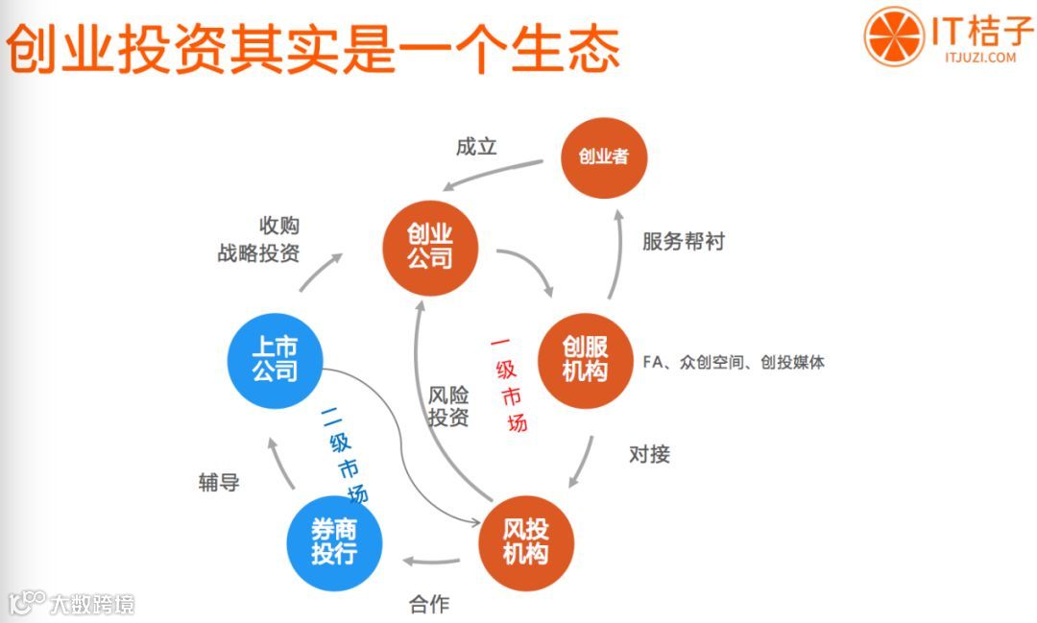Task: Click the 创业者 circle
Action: pos(604,156)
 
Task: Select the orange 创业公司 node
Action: pos(429,247)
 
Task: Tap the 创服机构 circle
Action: pos(585,358)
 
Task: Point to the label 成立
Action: pos(476,148)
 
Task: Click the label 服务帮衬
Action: pos(684,241)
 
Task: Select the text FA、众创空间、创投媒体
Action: pos(734,362)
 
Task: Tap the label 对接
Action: pos(649,453)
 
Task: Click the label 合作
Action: pos(429,604)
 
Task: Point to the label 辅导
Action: pos(219,482)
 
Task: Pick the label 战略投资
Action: pos(258,254)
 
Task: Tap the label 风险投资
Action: pos(448,405)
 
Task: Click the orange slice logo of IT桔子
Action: pos(892,38)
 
